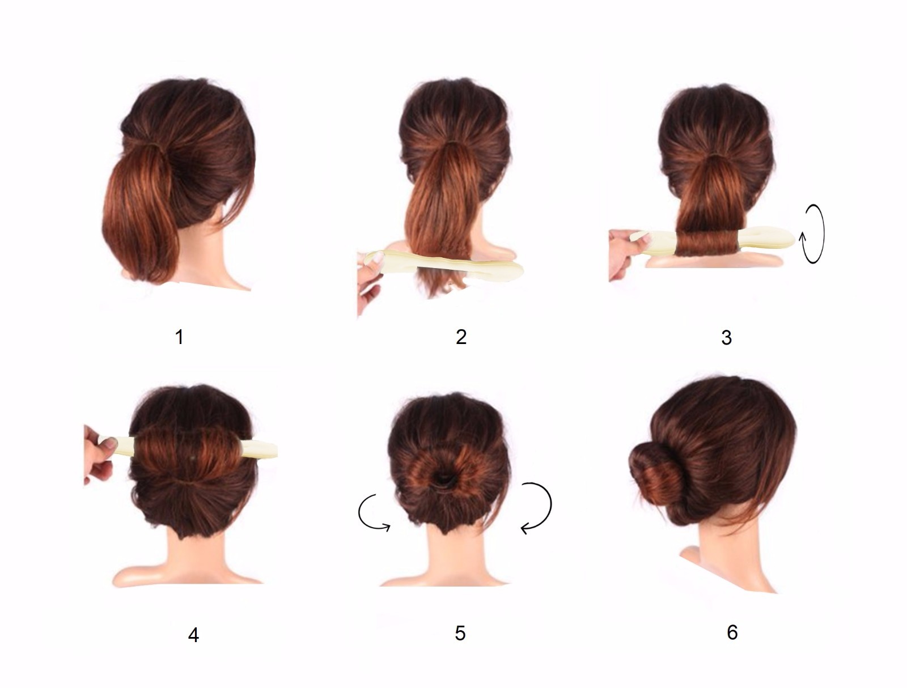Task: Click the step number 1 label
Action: point(179,337)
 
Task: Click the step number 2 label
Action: point(461,337)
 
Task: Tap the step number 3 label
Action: point(726,338)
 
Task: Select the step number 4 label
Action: point(193,635)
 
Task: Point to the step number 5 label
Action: point(460,632)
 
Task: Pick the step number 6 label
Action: point(732,632)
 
